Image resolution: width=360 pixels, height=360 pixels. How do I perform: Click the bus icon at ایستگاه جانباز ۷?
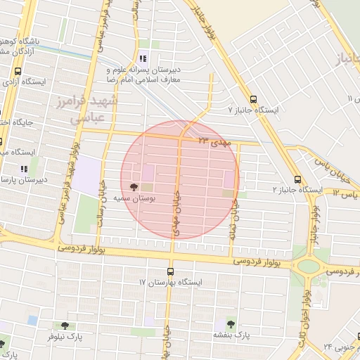253,99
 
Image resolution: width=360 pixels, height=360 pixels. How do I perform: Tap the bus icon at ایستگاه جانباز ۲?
297,179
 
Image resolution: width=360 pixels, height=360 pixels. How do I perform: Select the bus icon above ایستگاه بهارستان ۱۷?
170,271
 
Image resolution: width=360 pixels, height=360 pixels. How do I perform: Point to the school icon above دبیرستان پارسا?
23,169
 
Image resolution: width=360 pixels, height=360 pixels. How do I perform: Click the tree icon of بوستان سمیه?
134,187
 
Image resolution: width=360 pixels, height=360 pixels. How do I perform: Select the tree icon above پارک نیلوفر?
65,326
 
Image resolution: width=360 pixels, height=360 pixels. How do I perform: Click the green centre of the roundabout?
307,266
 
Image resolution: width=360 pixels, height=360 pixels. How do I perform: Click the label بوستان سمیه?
154,199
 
